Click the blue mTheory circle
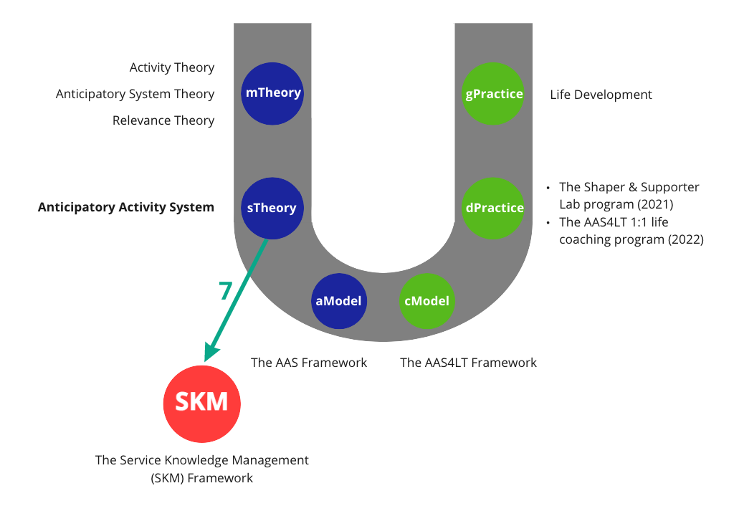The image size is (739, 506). [x=273, y=93]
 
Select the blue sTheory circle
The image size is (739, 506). [x=273, y=208]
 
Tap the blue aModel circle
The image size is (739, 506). [x=338, y=301]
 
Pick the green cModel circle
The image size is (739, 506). [x=427, y=301]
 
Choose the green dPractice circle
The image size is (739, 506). [x=494, y=208]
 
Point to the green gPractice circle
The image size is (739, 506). [x=494, y=93]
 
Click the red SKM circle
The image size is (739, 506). [x=201, y=402]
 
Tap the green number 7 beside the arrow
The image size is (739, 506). [x=226, y=291]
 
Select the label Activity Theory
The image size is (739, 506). [x=172, y=67]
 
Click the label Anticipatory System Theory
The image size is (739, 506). [x=135, y=94]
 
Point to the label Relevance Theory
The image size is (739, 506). [x=163, y=120]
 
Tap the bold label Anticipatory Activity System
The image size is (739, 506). [x=126, y=208]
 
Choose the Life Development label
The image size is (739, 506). [x=601, y=95]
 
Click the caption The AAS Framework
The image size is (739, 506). [x=309, y=363]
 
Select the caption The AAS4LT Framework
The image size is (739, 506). [x=468, y=363]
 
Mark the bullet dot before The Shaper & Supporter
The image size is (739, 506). [x=548, y=188]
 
